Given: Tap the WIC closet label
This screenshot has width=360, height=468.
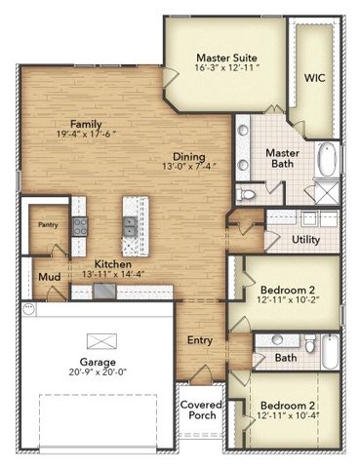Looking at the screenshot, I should pyautogui.click(x=315, y=77).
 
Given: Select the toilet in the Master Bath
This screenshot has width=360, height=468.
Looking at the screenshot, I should pyautogui.click(x=248, y=194).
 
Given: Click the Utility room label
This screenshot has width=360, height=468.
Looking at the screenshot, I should pyautogui.click(x=306, y=239).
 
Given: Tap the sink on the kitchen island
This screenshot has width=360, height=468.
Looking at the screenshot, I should pyautogui.click(x=129, y=227).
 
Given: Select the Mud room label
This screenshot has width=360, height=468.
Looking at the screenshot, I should pyautogui.click(x=49, y=278).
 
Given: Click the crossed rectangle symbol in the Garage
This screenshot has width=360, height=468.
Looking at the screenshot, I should pyautogui.click(x=100, y=340).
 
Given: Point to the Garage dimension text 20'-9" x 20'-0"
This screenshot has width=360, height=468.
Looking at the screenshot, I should pyautogui.click(x=100, y=371).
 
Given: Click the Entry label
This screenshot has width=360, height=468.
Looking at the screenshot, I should pyautogui.click(x=201, y=340).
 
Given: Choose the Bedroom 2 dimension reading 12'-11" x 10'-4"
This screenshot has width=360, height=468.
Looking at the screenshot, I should pyautogui.click(x=293, y=417).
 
